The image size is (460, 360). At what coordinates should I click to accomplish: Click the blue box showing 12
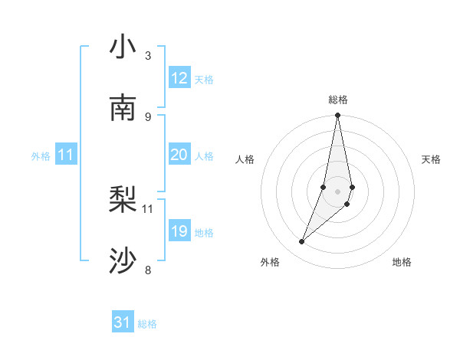[x=179, y=78]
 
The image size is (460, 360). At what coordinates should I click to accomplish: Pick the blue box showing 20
[x=179, y=155]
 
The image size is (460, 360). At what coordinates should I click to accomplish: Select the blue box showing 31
[x=123, y=322]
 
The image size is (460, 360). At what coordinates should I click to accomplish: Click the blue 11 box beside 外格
[x=66, y=155]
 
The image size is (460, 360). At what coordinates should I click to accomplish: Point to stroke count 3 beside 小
[x=148, y=56]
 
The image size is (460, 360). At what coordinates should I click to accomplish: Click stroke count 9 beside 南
[x=148, y=117]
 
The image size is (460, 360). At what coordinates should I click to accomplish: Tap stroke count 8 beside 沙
[x=148, y=270]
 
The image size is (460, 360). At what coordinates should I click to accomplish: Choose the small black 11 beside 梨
[x=148, y=208]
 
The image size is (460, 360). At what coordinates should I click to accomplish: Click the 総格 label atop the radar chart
[x=338, y=100]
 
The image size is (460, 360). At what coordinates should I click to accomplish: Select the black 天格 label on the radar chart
[x=431, y=159]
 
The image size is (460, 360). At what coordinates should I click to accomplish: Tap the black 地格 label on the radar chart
[x=402, y=262]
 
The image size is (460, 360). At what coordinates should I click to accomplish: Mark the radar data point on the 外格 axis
[x=302, y=242]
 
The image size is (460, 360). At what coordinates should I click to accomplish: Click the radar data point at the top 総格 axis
[x=338, y=116]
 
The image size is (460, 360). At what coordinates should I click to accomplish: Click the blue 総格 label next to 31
[x=147, y=324]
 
